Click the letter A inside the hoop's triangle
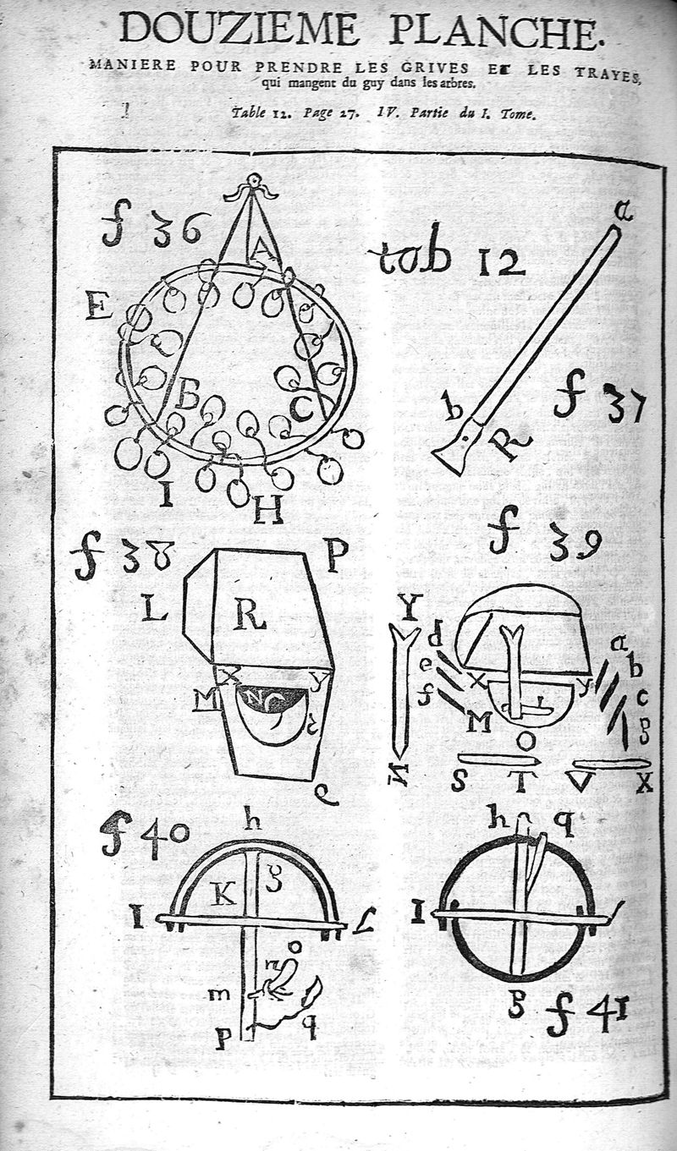click(263, 249)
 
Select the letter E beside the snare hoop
click(98, 305)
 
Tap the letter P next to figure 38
click(336, 555)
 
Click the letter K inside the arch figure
click(223, 893)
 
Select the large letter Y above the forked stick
click(410, 607)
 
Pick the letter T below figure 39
click(522, 782)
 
